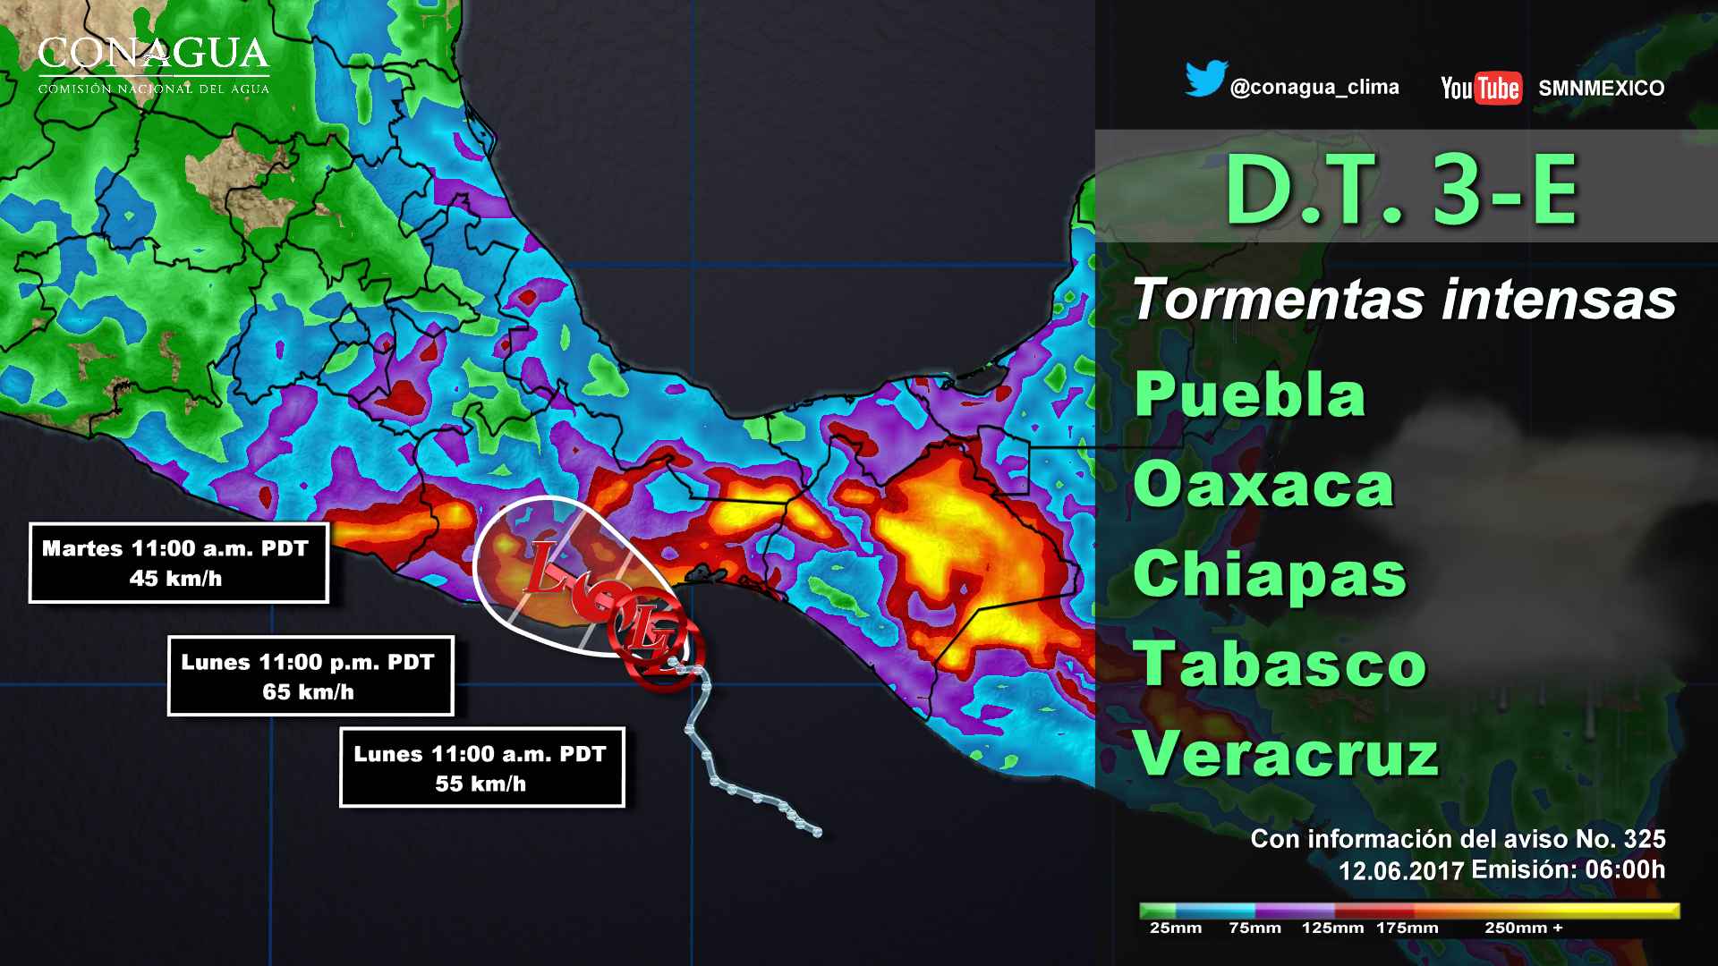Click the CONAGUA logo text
click(x=153, y=55)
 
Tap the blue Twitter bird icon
click(x=1205, y=80)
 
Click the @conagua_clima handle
click(x=1314, y=88)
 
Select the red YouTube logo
click(x=1481, y=88)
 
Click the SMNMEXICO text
click(x=1601, y=89)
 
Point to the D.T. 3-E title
click(x=1401, y=191)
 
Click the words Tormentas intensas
click(x=1404, y=300)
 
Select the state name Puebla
click(x=1249, y=394)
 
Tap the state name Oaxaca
click(x=1263, y=485)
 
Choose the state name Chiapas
click(x=1270, y=574)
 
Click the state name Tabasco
click(x=1280, y=665)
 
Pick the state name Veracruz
click(x=1286, y=754)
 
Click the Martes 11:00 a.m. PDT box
click(x=178, y=563)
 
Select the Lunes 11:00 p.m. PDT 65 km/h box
click(x=310, y=676)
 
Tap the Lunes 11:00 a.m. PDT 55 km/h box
click(x=481, y=767)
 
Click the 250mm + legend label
click(x=1523, y=928)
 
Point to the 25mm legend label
click(x=1175, y=928)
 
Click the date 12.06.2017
click(x=1400, y=870)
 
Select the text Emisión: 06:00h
click(x=1568, y=869)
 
